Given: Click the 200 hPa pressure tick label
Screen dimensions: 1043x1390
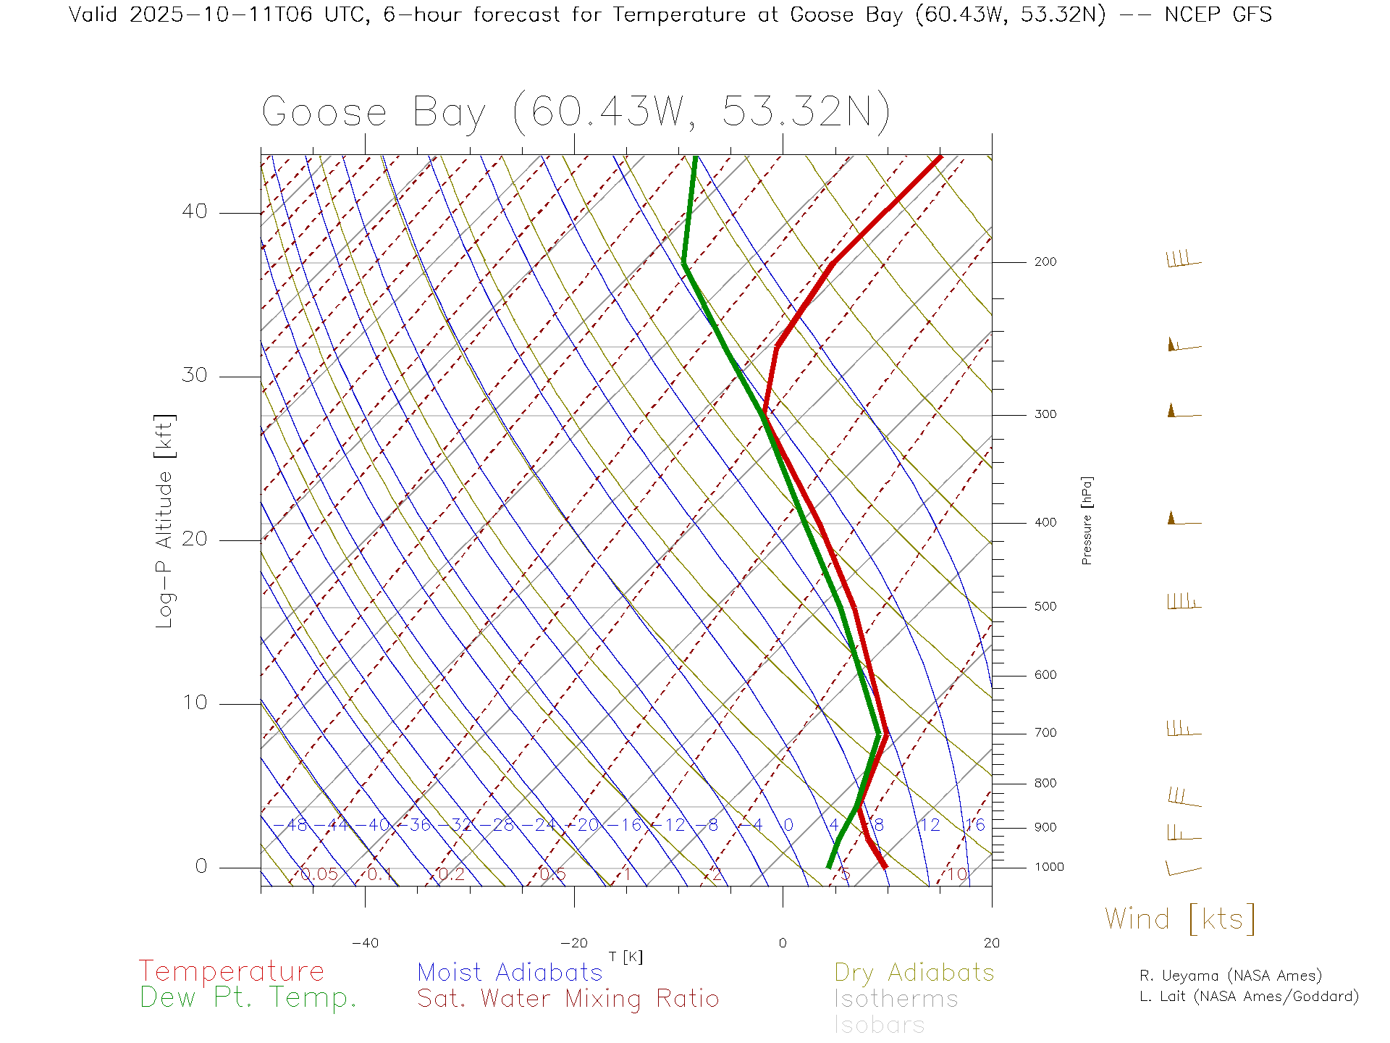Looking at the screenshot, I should (1045, 262).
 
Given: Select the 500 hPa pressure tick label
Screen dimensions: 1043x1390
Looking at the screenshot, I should (1045, 607).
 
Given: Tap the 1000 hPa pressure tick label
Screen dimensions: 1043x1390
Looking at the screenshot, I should (1048, 867).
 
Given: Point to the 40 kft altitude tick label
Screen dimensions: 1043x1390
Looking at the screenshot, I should (194, 211).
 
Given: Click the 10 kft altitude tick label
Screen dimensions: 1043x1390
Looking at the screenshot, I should (194, 703).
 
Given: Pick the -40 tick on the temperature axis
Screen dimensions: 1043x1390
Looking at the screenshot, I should (365, 943).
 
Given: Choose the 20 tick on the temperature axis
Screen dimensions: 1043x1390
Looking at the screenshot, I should (991, 943).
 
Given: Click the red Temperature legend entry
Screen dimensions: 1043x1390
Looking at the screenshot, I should (232, 971).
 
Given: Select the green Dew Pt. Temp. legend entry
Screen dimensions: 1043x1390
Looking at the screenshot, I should (248, 998).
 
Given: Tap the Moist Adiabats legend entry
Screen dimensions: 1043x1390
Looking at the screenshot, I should (510, 973).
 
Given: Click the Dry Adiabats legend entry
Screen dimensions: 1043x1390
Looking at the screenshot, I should (914, 973).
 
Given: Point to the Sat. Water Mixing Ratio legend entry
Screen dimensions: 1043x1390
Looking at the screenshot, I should (568, 999).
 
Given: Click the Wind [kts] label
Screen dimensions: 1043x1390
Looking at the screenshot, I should (1180, 919).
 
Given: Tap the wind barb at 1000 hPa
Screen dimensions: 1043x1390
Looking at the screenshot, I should (1183, 868).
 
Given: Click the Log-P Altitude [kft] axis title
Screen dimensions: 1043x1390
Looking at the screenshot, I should (165, 521).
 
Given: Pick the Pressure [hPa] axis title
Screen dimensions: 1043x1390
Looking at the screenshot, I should (1087, 520).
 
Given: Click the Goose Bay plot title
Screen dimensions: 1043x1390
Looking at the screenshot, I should (576, 113).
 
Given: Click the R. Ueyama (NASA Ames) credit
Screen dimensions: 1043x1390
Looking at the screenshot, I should (1230, 976).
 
